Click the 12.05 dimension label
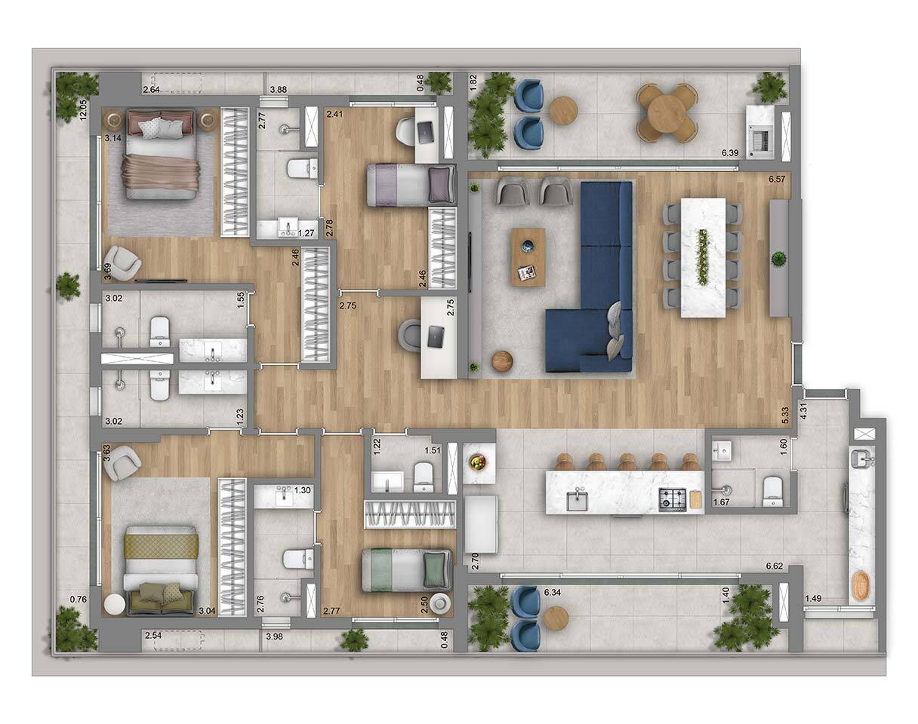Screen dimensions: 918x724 [x=83, y=109]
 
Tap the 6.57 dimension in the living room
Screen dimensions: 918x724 [x=777, y=179]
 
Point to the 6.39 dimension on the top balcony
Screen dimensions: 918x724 [x=730, y=152]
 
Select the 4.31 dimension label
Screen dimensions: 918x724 [x=804, y=411]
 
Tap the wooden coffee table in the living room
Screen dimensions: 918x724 [x=528, y=257]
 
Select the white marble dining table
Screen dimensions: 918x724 [x=704, y=257]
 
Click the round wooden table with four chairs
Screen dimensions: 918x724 [x=667, y=112]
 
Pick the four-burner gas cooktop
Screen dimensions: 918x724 [x=673, y=499]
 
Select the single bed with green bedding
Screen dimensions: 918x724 [x=407, y=570]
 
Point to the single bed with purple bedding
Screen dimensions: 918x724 [x=411, y=186]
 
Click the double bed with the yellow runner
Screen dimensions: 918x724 [x=161, y=570]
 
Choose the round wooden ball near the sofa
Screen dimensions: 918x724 [x=502, y=362]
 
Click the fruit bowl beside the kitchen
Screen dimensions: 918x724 [x=478, y=462]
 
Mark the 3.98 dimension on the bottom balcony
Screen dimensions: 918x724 [x=274, y=637]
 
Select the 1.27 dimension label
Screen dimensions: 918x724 [x=306, y=233]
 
